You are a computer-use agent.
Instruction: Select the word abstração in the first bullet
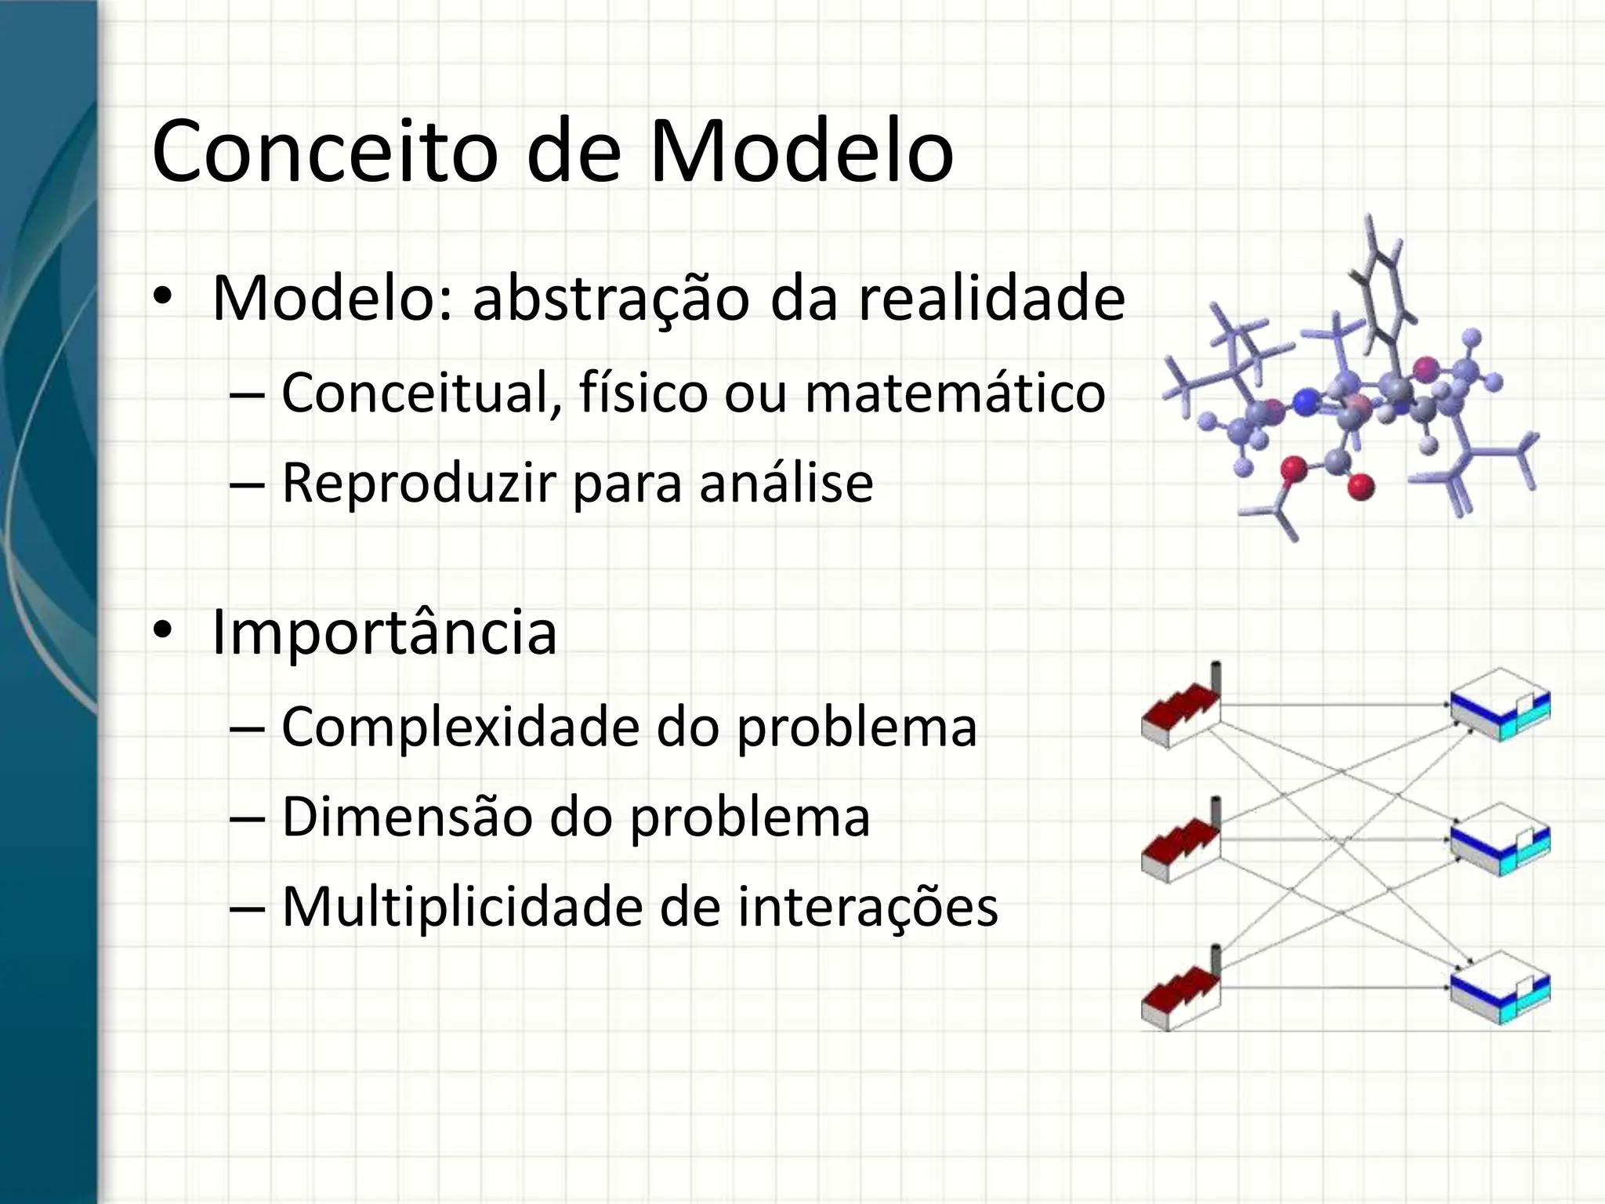610,299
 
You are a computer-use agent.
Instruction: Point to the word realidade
991,299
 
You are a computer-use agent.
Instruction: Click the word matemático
955,393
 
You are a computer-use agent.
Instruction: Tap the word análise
786,484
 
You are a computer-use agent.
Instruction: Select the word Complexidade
461,727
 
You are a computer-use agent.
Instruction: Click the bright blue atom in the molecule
1305,403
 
